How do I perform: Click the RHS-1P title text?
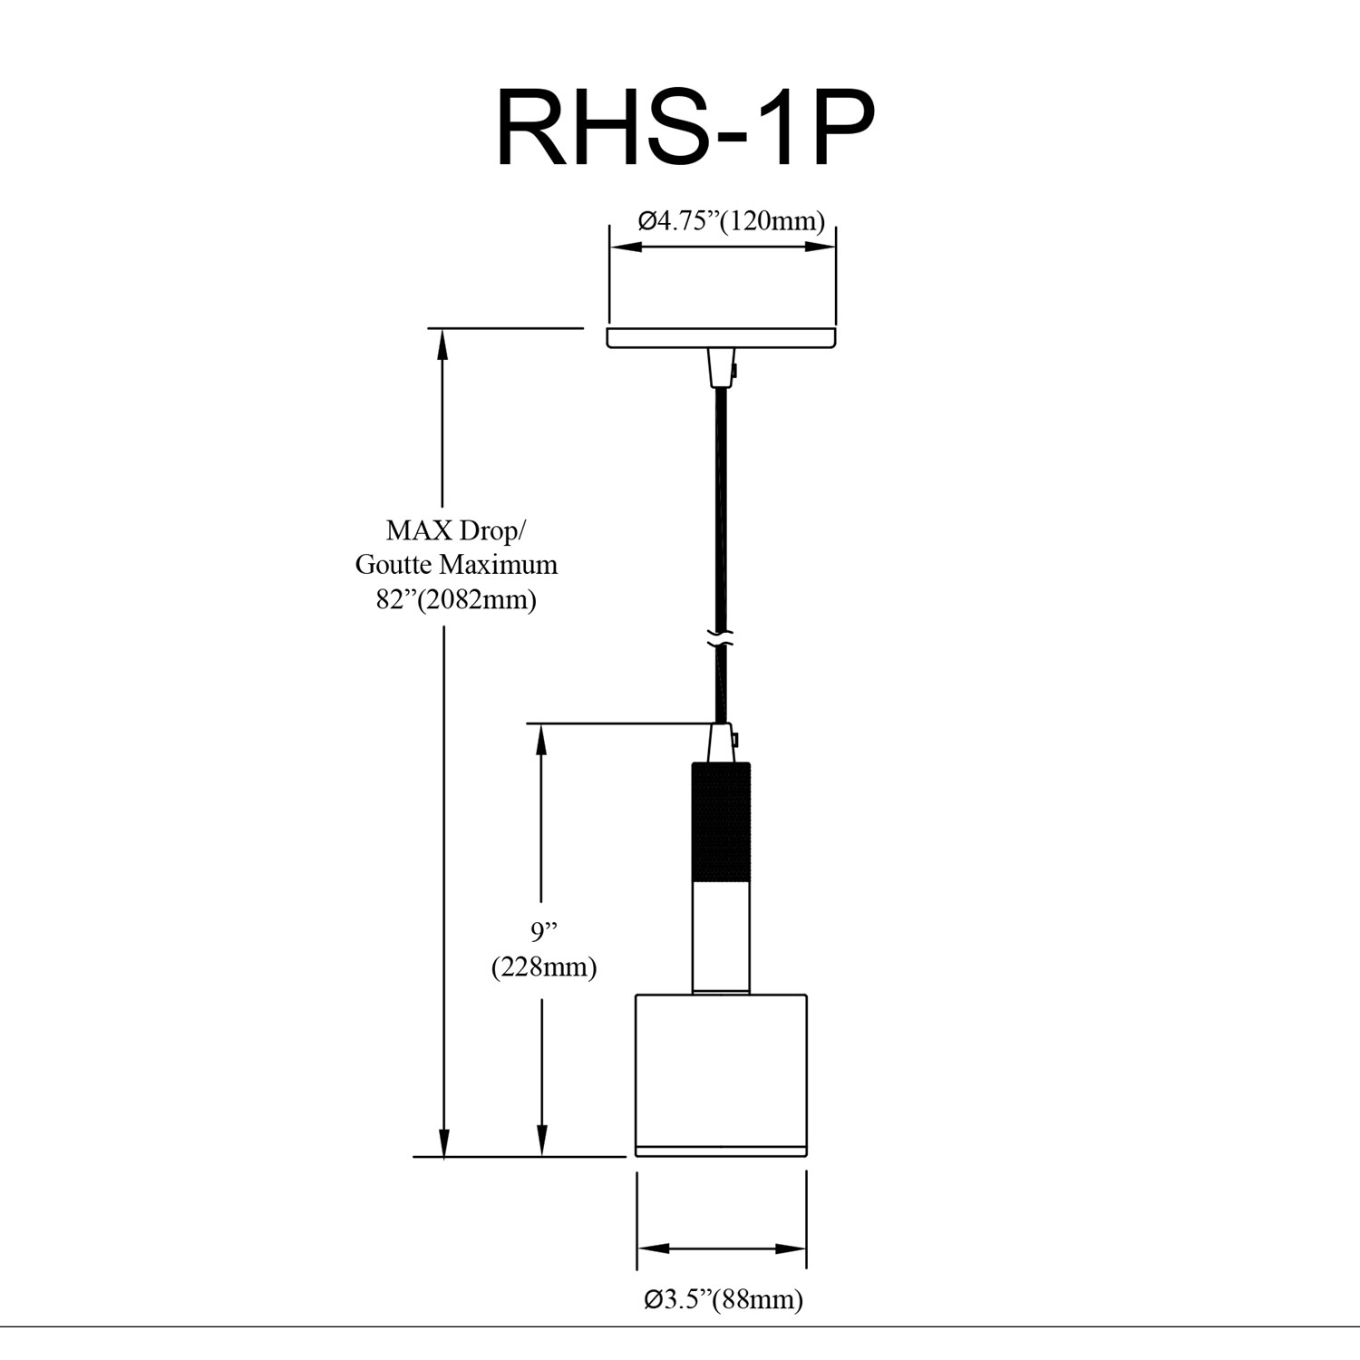(685, 130)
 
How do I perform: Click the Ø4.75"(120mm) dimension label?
(731, 221)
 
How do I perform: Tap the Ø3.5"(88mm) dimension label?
(723, 1299)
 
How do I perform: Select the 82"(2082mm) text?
(456, 599)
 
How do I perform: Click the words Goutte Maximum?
(456, 565)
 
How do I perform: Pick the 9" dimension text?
(543, 931)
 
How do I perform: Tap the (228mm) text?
(544, 967)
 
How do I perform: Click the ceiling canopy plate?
(721, 338)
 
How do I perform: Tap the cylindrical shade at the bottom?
(721, 1074)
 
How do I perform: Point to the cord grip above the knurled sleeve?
(720, 743)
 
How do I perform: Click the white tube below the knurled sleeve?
(721, 936)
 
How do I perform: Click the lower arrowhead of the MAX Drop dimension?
(443, 1144)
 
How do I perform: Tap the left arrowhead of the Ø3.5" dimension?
(651, 1248)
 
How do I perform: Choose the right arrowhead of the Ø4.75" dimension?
(821, 247)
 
